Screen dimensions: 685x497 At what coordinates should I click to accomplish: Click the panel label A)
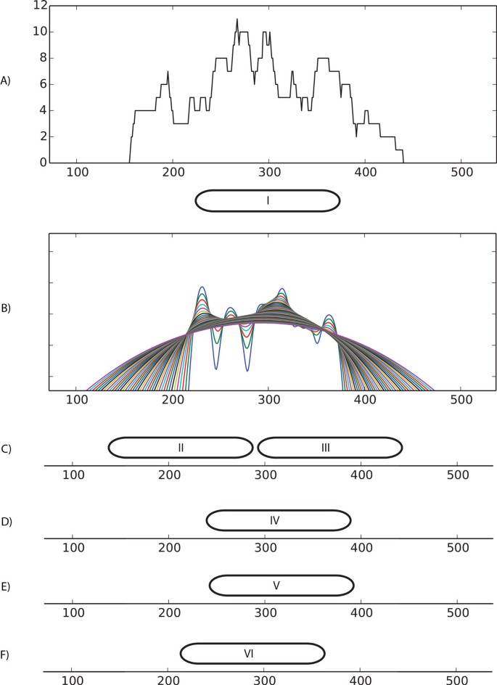[x=6, y=81]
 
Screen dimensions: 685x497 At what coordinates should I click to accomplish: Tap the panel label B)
[x=6, y=308]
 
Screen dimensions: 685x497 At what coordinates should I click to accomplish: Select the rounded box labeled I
[x=268, y=200]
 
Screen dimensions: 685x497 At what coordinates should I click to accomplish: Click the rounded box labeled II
[x=181, y=448]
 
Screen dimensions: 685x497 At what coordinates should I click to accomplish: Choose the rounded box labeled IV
[x=279, y=520]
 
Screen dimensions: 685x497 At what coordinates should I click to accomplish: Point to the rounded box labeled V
[x=282, y=585]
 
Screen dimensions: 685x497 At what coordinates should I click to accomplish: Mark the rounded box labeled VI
[x=252, y=653]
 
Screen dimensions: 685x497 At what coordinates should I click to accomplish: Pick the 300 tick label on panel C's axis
[x=265, y=475]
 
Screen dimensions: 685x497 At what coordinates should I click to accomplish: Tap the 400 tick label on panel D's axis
[x=361, y=547]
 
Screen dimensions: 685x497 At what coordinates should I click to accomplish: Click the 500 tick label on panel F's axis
[x=456, y=681]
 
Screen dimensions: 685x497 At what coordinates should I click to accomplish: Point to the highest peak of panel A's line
[x=237, y=20]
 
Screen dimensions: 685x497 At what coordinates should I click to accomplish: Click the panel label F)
[x=6, y=655]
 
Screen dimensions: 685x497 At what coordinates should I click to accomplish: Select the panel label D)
[x=6, y=522]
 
